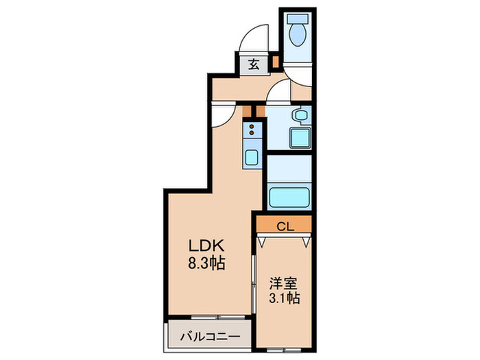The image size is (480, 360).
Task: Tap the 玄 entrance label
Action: coord(254,65)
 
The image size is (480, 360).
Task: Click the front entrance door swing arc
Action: coord(256,38)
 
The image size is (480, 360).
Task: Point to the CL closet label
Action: coord(285,224)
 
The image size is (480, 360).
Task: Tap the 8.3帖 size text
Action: coord(205,262)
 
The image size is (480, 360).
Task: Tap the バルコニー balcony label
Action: coord(210,337)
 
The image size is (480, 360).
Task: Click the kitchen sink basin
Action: coord(252,157)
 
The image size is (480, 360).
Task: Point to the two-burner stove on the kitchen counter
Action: coord(252,130)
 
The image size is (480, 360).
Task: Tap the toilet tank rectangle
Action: coord(298,18)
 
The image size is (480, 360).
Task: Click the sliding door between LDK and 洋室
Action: coord(255,288)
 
